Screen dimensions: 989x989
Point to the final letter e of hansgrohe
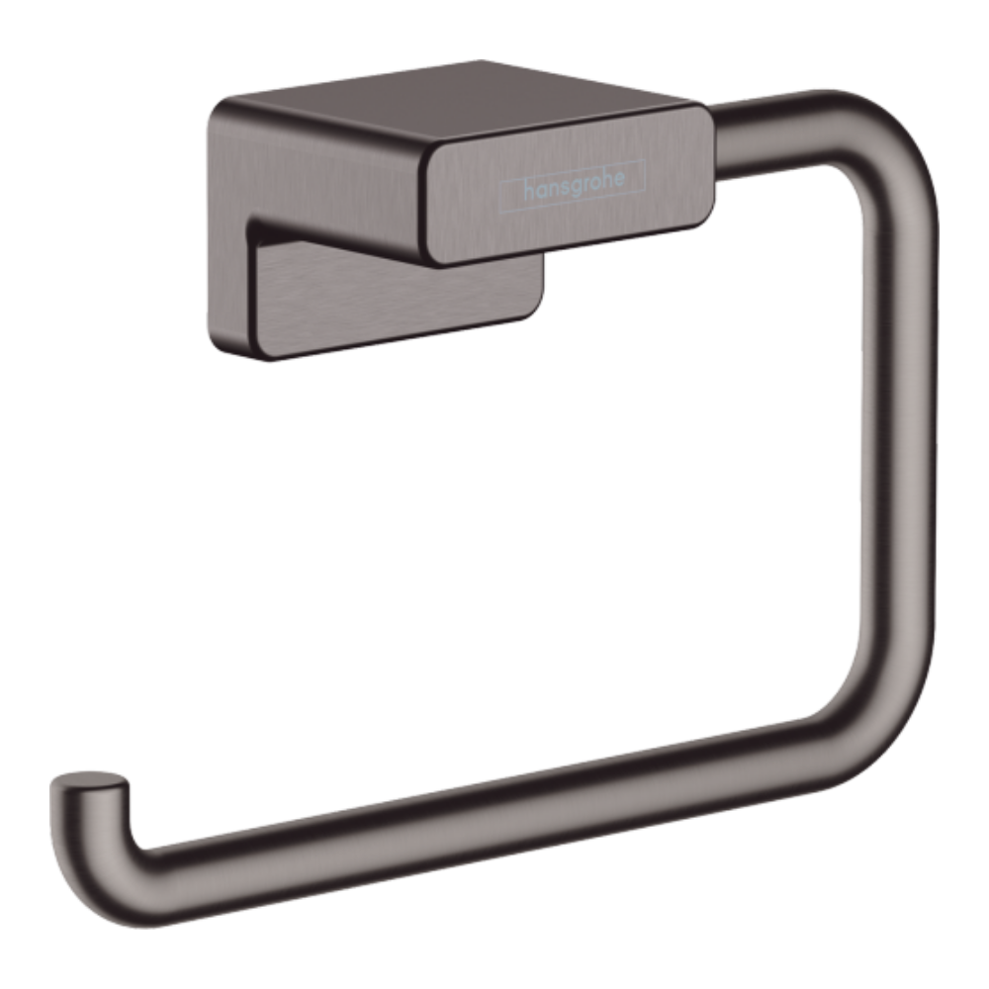click(x=618, y=178)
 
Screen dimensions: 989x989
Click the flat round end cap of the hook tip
click(x=90, y=779)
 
